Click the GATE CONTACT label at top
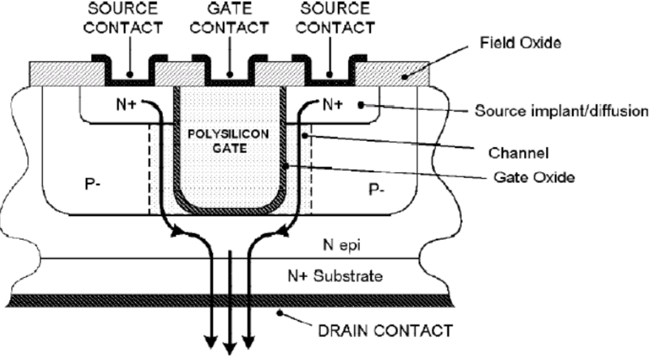pos(230,19)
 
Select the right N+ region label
pos(332,105)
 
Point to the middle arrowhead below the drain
pos(230,348)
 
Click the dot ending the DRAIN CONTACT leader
pos(280,313)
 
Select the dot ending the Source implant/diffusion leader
pos(362,105)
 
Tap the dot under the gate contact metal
pos(230,75)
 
